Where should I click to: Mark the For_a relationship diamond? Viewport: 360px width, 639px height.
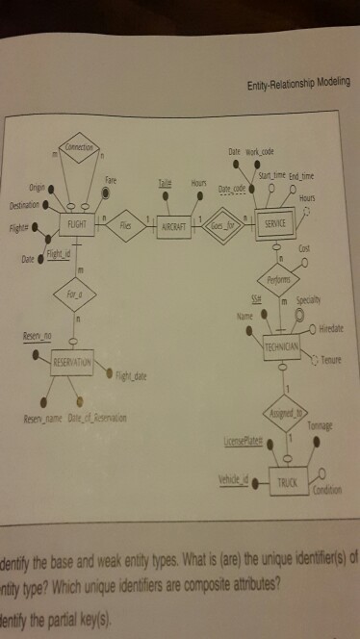(x=74, y=312)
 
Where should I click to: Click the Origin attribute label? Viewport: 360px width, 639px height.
(x=37, y=187)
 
